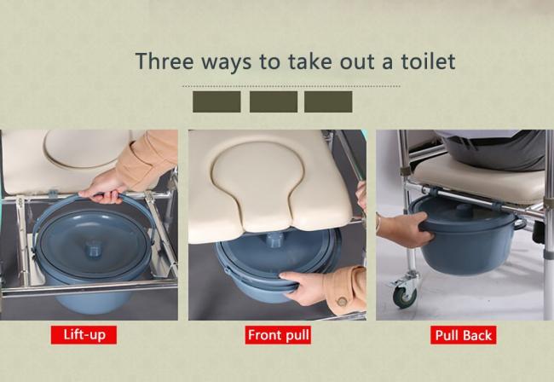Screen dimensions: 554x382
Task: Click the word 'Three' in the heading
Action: tap(164, 61)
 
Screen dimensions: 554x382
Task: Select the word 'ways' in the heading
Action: tap(227, 63)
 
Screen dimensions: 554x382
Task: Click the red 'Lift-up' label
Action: tap(84, 334)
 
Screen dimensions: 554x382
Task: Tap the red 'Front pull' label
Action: tap(278, 334)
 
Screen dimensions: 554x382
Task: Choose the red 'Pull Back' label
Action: tap(463, 335)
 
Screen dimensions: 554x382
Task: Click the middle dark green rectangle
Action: tap(274, 101)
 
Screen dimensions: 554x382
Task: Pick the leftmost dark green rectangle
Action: tap(216, 101)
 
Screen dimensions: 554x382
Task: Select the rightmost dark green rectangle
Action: tap(328, 101)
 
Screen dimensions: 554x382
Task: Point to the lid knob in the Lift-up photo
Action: tap(94, 248)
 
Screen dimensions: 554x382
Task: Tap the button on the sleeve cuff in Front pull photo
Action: tap(342, 302)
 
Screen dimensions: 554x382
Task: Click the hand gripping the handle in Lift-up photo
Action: tap(103, 188)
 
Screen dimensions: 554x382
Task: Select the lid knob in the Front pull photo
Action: tap(275, 240)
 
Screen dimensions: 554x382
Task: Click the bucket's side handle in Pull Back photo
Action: tap(519, 223)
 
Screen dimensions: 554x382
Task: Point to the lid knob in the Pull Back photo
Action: tap(462, 209)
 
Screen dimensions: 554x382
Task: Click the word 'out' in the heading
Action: tap(357, 62)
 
